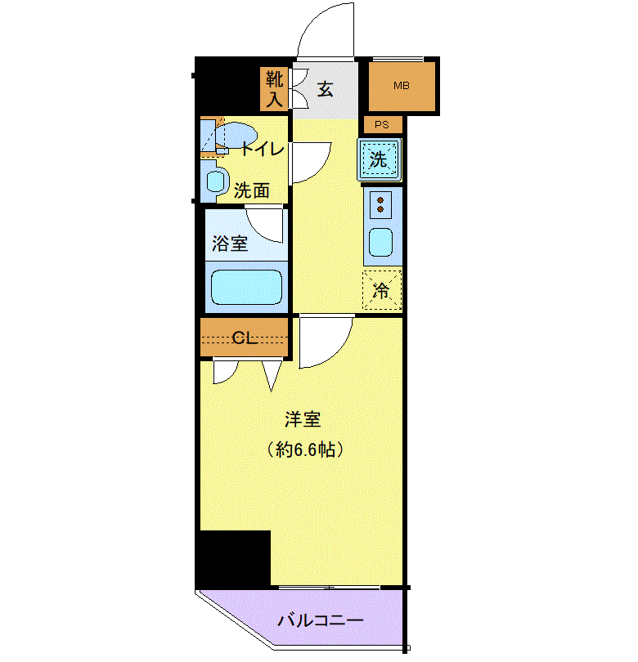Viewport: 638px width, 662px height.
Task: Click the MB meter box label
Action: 401,86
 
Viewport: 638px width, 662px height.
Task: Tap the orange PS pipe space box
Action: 382,125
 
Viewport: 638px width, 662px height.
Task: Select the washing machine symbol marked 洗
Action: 379,159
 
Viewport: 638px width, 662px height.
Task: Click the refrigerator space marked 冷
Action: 381,289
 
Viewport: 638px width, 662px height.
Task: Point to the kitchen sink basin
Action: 380,241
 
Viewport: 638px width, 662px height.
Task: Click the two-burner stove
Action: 380,204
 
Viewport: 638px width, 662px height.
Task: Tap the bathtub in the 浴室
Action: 245,286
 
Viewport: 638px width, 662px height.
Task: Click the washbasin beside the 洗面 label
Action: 216,181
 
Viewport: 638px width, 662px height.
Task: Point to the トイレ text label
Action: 262,149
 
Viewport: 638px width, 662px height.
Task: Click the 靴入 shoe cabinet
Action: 272,89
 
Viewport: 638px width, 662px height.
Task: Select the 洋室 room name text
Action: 302,420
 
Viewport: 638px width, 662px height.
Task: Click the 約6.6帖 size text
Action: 303,449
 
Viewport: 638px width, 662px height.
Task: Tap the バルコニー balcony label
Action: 320,620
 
